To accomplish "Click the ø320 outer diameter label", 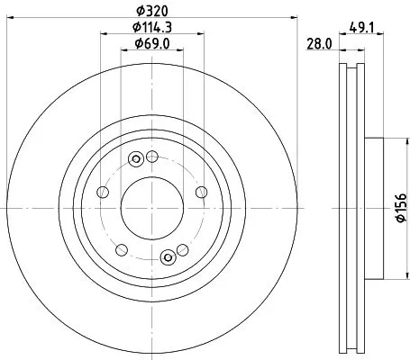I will pyautogui.click(x=150, y=11).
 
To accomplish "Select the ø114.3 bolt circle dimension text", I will pyautogui.click(x=150, y=27).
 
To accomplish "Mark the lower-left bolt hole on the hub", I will pyautogui.click(x=121, y=247).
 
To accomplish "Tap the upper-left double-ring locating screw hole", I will pyautogui.click(x=136, y=160).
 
